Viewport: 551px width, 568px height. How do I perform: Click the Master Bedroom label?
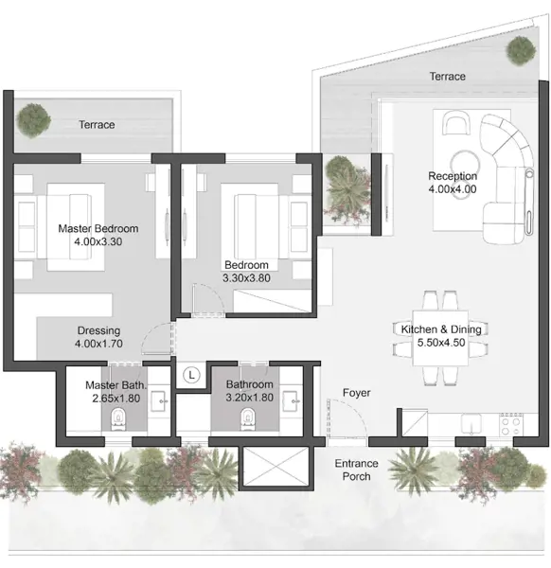98,228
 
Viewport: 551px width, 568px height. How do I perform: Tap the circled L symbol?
191,375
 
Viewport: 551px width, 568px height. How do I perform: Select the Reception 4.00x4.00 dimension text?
453,189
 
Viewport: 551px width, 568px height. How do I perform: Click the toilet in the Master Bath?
117,419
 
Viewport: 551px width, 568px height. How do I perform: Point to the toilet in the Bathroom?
247,419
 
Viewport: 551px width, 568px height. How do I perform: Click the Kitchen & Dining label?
441,329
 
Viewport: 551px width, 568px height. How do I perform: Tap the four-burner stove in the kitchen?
511,424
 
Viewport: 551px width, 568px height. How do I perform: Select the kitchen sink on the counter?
471,424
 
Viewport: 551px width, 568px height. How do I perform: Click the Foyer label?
357,393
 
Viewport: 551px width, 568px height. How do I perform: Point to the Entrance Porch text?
357,470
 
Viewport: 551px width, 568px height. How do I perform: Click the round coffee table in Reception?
465,163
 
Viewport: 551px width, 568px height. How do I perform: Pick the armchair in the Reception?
456,123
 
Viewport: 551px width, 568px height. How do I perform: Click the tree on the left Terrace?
33,120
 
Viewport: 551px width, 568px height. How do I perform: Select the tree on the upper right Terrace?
521,50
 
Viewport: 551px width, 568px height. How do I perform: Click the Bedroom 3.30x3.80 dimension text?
246,278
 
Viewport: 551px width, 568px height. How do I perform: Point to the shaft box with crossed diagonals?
275,466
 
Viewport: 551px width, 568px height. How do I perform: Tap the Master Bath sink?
160,401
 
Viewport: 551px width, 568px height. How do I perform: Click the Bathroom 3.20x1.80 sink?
292,401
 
